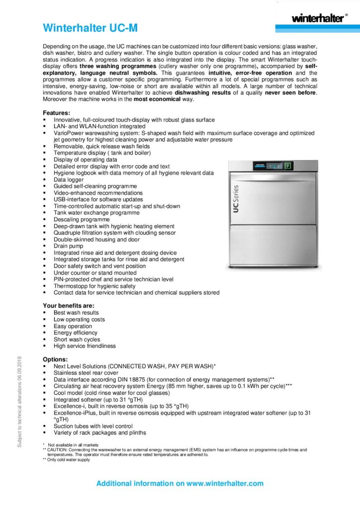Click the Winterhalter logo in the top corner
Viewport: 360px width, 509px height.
(x=317, y=18)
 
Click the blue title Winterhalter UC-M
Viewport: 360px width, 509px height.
(x=90, y=28)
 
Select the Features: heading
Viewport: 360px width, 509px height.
(x=56, y=113)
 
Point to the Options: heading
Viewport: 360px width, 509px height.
(x=55, y=359)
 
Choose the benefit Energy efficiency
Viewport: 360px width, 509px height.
(x=76, y=333)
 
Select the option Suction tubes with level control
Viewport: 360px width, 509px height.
(x=93, y=426)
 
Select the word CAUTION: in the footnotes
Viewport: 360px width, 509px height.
(x=58, y=449)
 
